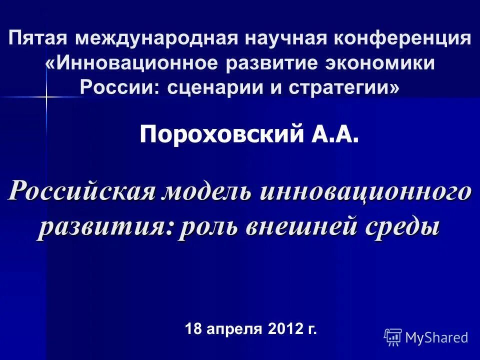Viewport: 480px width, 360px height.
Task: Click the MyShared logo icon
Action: (393, 337)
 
